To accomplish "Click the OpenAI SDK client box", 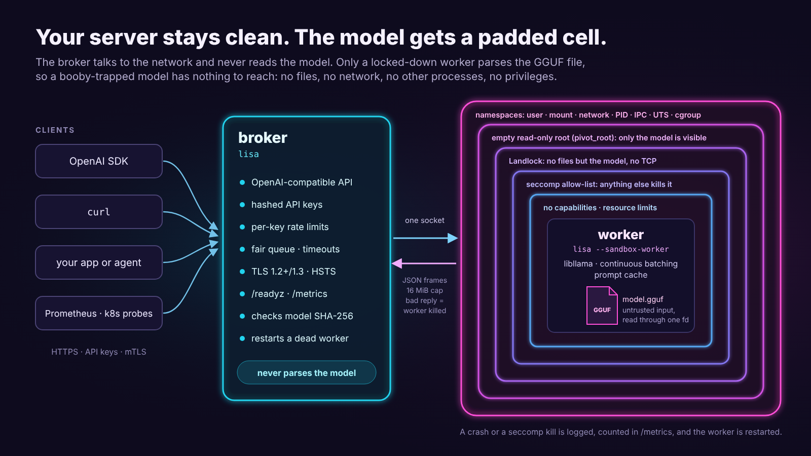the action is point(99,161).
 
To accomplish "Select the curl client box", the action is point(99,212).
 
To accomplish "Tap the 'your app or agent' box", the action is point(99,262).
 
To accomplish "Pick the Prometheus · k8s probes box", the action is point(99,313).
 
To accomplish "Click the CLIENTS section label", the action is point(55,130).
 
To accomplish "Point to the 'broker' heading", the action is point(263,138).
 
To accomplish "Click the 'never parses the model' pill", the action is point(307,372).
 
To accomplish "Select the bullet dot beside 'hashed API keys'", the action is point(242,205).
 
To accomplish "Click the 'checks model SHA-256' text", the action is point(302,316).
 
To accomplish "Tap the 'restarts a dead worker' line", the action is point(300,338).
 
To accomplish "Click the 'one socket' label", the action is point(425,220).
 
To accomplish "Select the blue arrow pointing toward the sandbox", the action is point(425,238).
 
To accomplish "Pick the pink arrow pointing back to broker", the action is point(424,263).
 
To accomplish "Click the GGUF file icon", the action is point(602,306).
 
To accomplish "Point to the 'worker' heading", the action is point(621,235).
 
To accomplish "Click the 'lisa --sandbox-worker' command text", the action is point(621,249).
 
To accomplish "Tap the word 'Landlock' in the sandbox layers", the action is point(526,161).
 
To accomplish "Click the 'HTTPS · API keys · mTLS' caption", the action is point(99,352).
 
